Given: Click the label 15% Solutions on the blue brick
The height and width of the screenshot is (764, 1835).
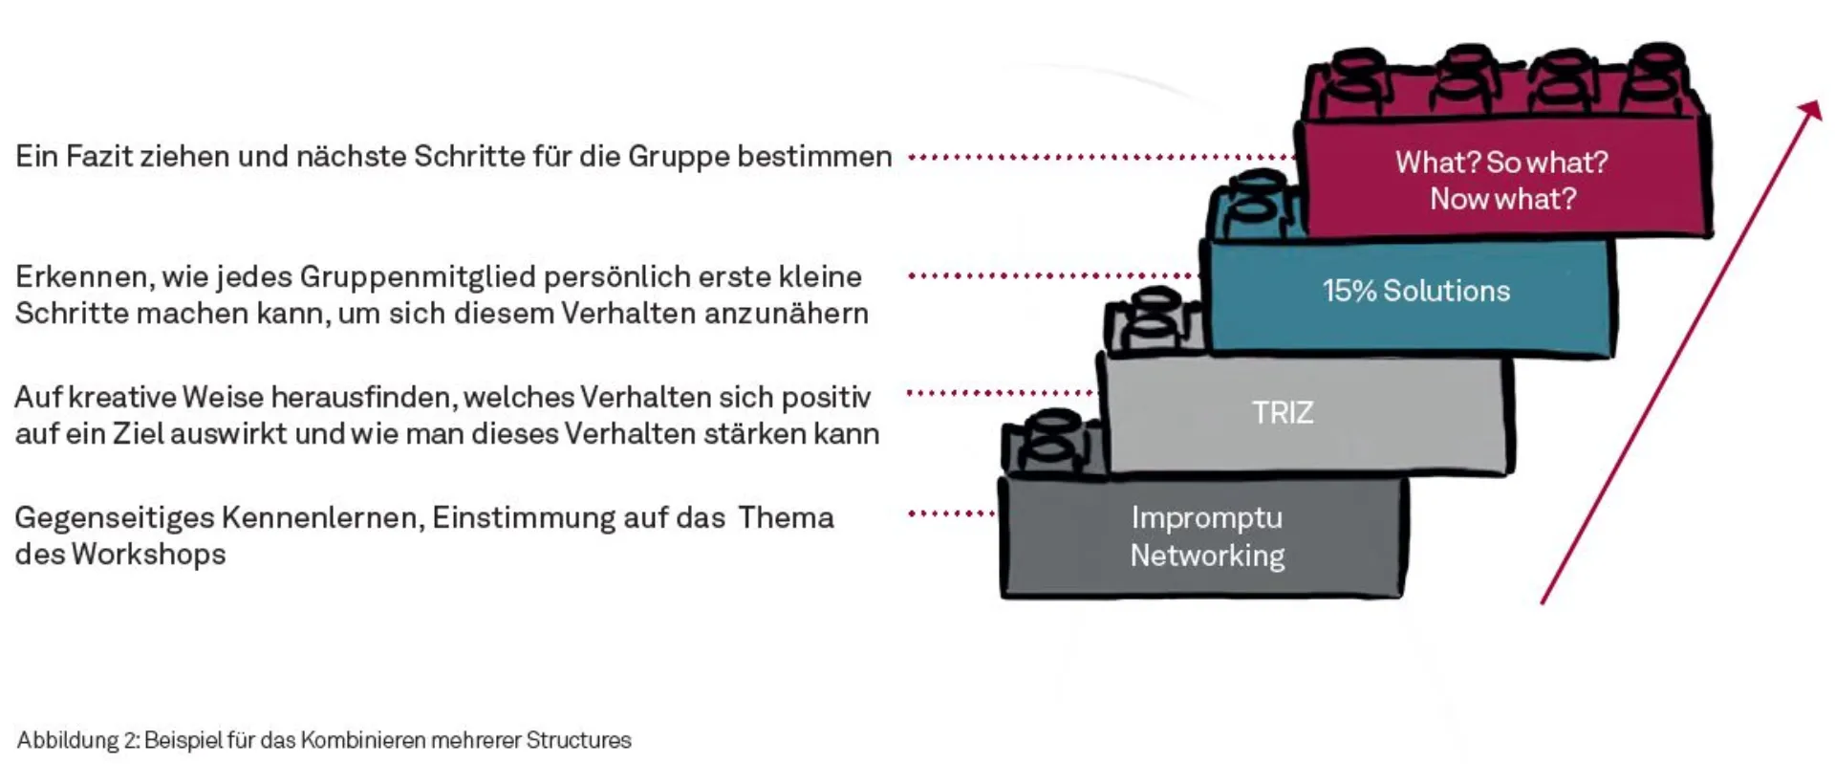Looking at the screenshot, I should pos(1415,291).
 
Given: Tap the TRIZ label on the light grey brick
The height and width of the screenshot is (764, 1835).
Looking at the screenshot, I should pos(1283,412).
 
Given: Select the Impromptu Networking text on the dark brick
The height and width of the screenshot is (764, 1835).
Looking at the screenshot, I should pos(1207,536).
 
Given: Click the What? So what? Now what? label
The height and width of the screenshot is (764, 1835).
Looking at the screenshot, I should pos(1501,180).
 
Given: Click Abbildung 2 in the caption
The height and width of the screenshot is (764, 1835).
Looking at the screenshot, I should pos(77,740).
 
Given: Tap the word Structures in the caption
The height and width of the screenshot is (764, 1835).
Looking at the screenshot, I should pos(578,740).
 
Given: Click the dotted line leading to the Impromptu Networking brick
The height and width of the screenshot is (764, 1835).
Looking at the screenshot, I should pos(951,514).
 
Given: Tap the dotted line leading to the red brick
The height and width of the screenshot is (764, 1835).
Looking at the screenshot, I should pos(1099,157).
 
